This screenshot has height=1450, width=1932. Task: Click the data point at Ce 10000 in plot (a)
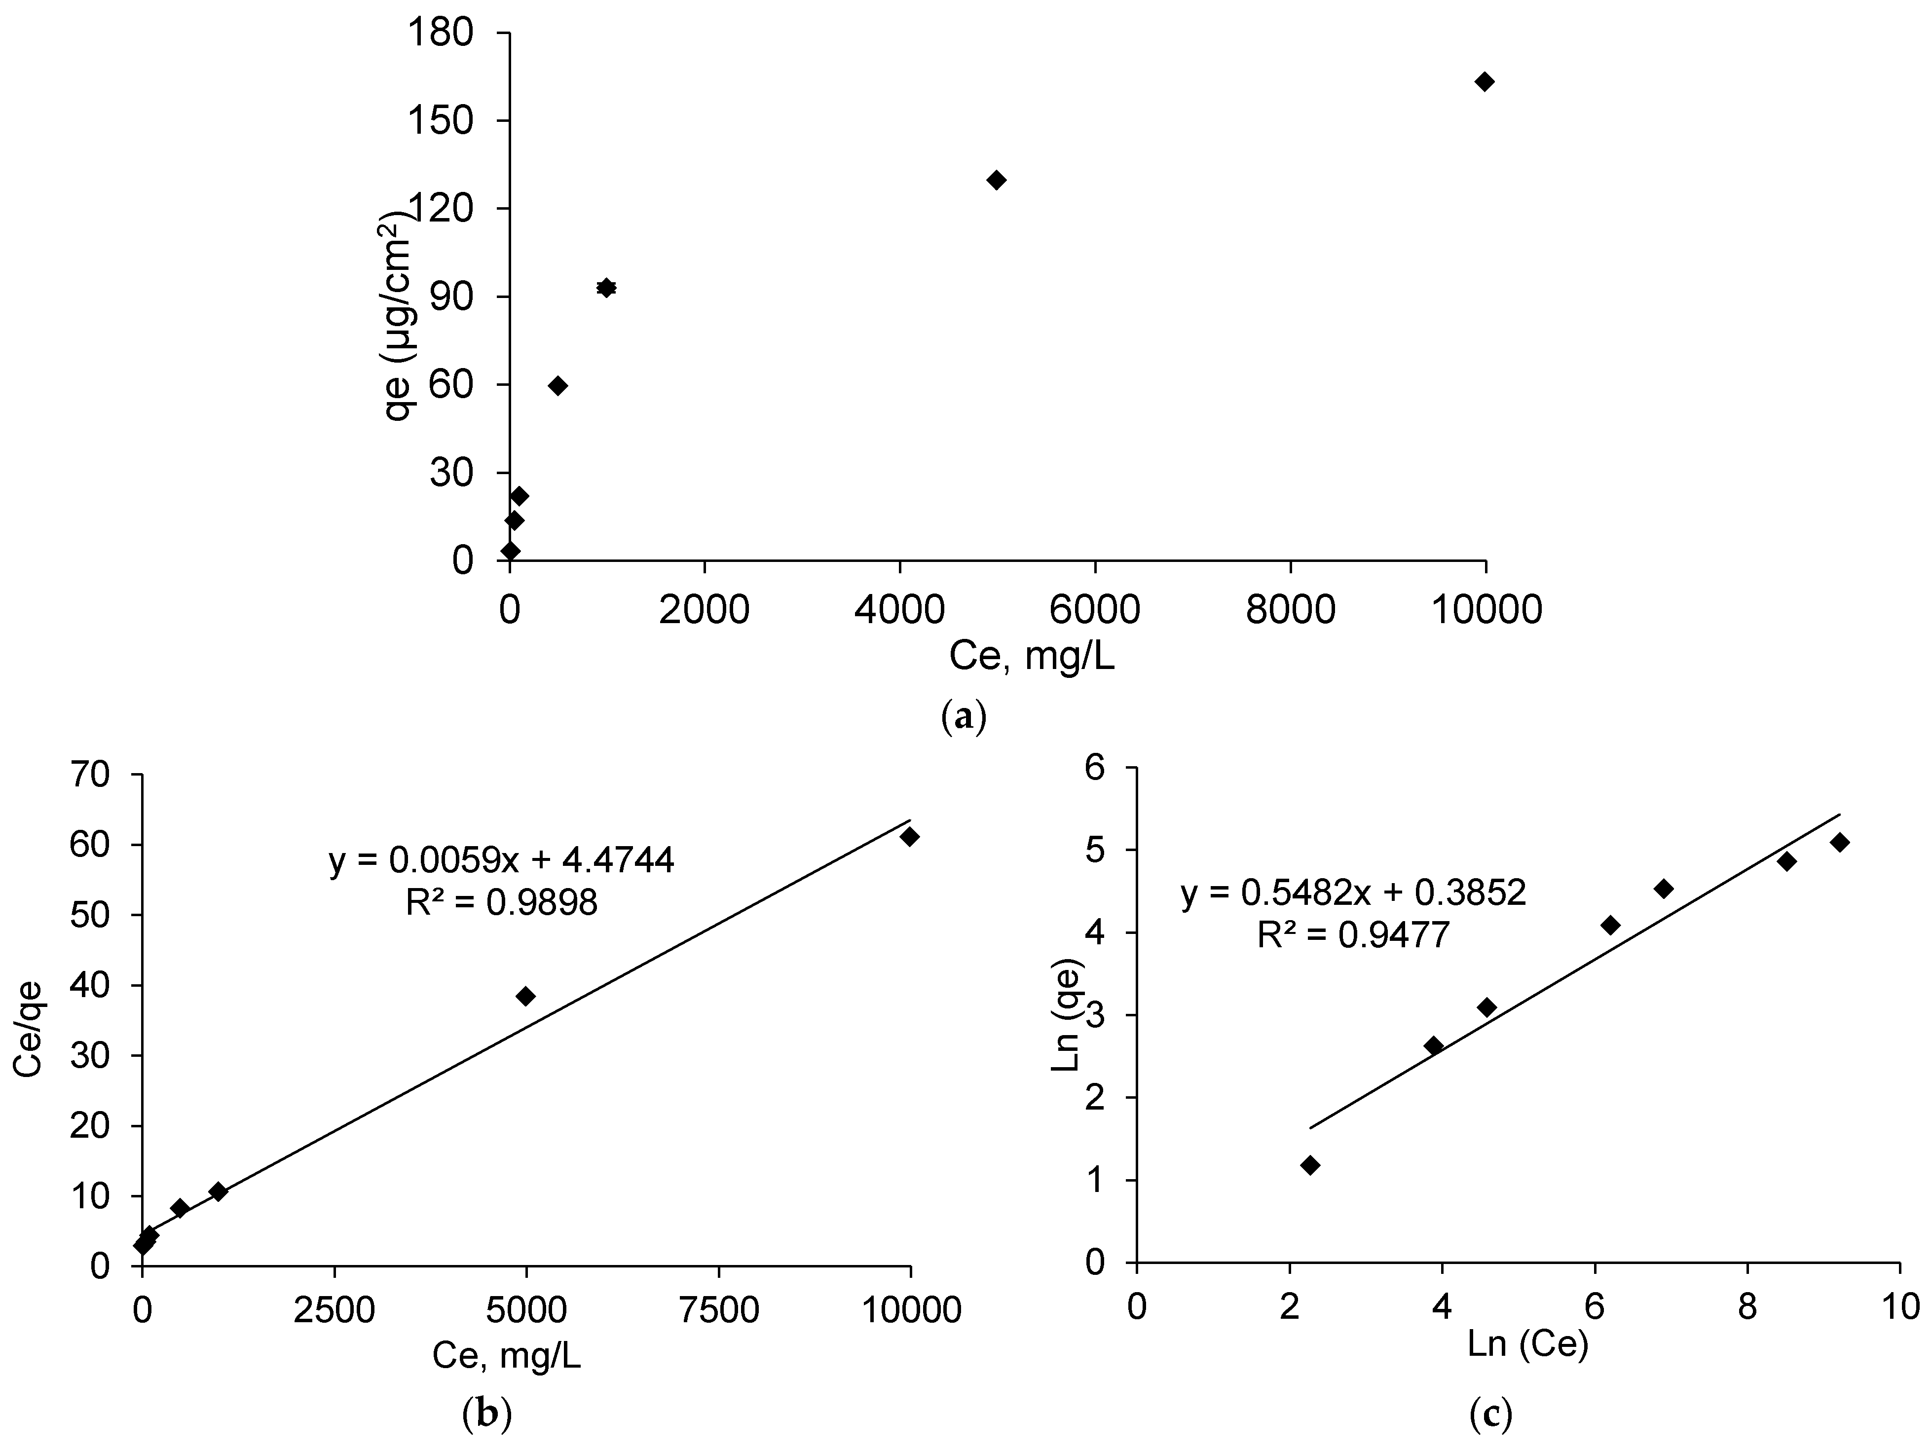1484,82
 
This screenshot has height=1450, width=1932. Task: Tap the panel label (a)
964,715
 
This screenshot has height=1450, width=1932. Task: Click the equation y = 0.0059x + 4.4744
501,861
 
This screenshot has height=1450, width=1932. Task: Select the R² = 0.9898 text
501,903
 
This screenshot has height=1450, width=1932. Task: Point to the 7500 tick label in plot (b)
718,1310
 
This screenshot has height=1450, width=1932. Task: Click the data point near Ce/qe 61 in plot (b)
909,837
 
